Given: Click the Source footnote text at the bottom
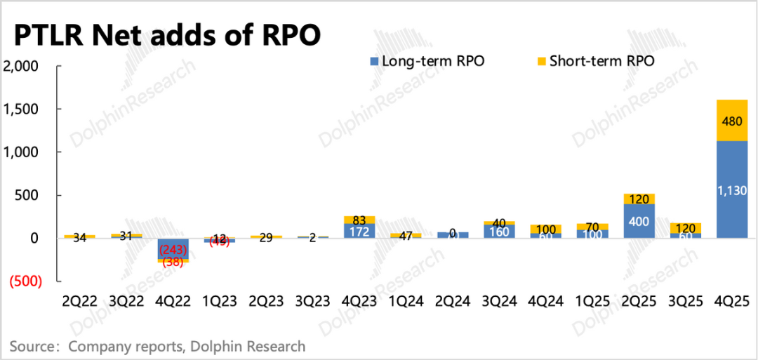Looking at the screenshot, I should [158, 346].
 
